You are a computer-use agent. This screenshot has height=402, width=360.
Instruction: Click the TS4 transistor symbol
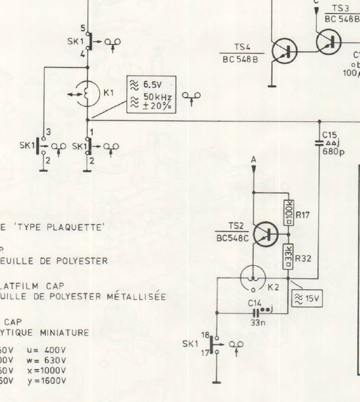click(x=284, y=51)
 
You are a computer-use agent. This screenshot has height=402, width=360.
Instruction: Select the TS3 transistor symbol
click(x=329, y=41)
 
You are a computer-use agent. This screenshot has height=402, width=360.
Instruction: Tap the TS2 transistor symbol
click(x=266, y=234)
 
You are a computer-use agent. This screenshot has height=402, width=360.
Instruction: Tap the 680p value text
click(x=331, y=152)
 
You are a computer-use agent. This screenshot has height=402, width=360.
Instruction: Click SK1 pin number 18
click(x=206, y=336)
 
